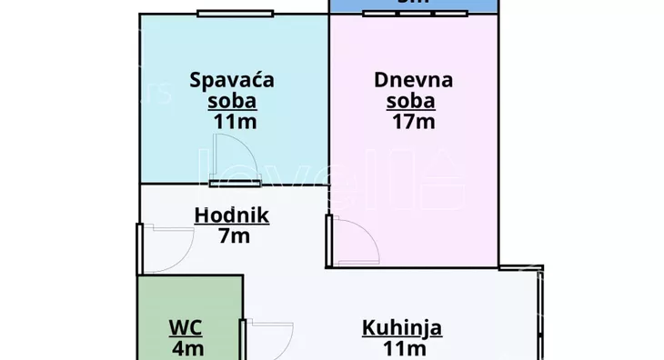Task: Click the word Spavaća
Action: point(232,79)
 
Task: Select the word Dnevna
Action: point(413,79)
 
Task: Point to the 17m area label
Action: point(413,121)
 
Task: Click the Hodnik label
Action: point(231,215)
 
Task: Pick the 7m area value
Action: point(234,236)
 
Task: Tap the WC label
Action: point(185,327)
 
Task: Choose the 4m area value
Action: point(187,347)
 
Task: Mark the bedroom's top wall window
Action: point(235,14)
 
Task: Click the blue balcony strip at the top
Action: point(414,5)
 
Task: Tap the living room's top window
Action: point(421,14)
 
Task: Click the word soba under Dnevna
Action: point(412,100)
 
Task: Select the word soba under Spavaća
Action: point(232,100)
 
